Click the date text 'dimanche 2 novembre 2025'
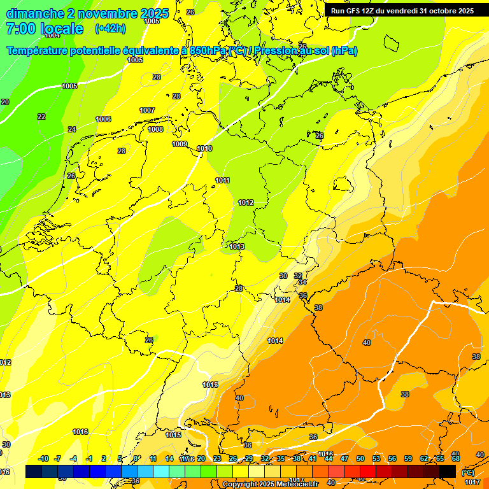click(x=87, y=13)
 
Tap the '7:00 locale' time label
click(x=45, y=29)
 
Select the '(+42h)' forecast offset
click(x=110, y=29)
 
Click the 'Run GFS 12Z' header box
click(x=402, y=11)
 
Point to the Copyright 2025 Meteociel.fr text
click(x=270, y=484)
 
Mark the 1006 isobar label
click(x=103, y=119)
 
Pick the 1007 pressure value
click(x=147, y=110)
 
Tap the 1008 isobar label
click(x=155, y=129)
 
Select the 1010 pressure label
click(x=204, y=148)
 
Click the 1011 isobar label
click(x=222, y=180)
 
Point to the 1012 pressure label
click(x=246, y=202)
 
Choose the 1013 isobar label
click(x=237, y=246)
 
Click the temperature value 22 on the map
click(x=41, y=117)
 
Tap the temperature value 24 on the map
click(x=72, y=129)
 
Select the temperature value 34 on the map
click(x=302, y=282)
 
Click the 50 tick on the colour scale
click(x=360, y=458)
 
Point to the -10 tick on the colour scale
click(x=43, y=458)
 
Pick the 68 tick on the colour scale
click(x=455, y=458)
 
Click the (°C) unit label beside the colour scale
click(x=467, y=472)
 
